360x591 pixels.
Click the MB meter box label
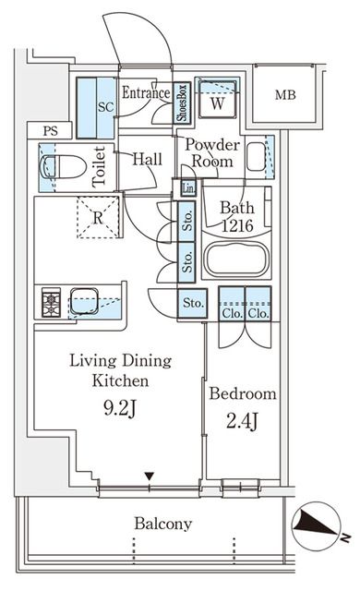[x=285, y=95]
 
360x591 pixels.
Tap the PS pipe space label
[x=51, y=131]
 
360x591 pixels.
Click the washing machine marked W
[x=217, y=101]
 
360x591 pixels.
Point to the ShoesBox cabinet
[x=182, y=103]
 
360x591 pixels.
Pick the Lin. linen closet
[x=188, y=187]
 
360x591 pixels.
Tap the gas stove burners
[x=51, y=302]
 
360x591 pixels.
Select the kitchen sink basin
[x=84, y=301]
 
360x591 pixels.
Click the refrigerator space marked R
[x=98, y=218]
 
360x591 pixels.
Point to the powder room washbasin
[x=256, y=156]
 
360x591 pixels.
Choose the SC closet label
[x=105, y=107]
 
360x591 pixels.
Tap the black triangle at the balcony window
[x=150, y=476]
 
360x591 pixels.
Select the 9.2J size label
[x=119, y=408]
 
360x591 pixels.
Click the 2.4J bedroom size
[x=242, y=421]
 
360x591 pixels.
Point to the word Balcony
[x=163, y=524]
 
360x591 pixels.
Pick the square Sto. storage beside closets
[x=192, y=303]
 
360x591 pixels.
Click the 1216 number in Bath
[x=237, y=225]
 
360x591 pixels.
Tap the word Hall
[x=148, y=159]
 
